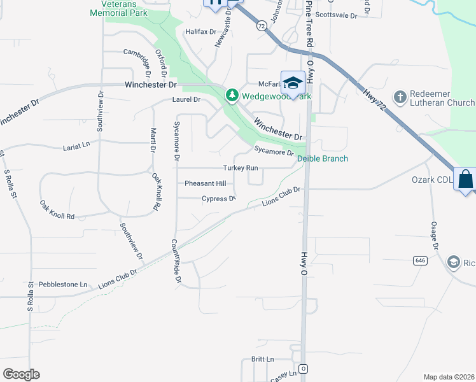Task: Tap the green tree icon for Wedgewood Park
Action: [x=232, y=95]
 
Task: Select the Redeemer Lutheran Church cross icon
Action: [x=400, y=97]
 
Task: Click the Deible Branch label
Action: [x=323, y=159]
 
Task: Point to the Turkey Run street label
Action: [x=241, y=168]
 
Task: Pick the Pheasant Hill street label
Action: [x=205, y=183]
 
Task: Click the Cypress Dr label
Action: [x=219, y=199]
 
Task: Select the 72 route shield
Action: [x=262, y=25]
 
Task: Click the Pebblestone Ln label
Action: [x=62, y=284]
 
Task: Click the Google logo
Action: [x=21, y=374]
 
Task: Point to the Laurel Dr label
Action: [x=186, y=100]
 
